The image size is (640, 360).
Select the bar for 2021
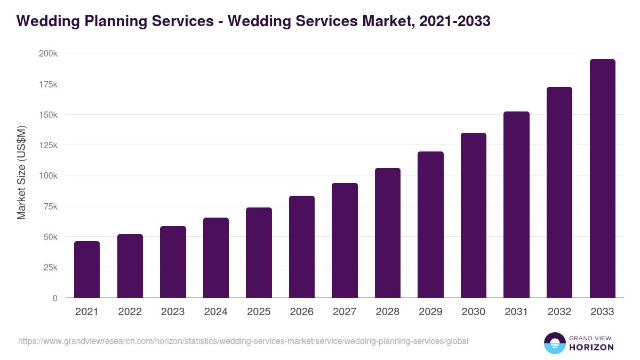coord(87,269)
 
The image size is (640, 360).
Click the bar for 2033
coord(602,179)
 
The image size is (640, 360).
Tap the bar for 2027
coord(345,241)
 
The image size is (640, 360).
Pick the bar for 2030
coord(474,215)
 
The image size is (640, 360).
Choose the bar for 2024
coord(216,258)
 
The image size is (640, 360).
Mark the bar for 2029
coord(430,225)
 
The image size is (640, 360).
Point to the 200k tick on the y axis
coord(48,54)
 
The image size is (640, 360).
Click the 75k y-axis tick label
coord(50,206)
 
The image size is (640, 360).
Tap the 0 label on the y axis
coord(55,298)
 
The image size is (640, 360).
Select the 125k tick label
coord(48,146)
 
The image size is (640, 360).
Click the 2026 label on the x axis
coord(302,312)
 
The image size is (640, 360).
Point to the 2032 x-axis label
coord(559,312)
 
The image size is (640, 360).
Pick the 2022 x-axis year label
coord(130,312)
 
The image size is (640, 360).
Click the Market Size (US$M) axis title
coord(21,172)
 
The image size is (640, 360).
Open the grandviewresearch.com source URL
coord(243,341)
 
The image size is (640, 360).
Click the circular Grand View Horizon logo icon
coord(554,343)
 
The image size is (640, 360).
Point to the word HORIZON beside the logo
coord(591,347)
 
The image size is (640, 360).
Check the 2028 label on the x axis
coord(388,312)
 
